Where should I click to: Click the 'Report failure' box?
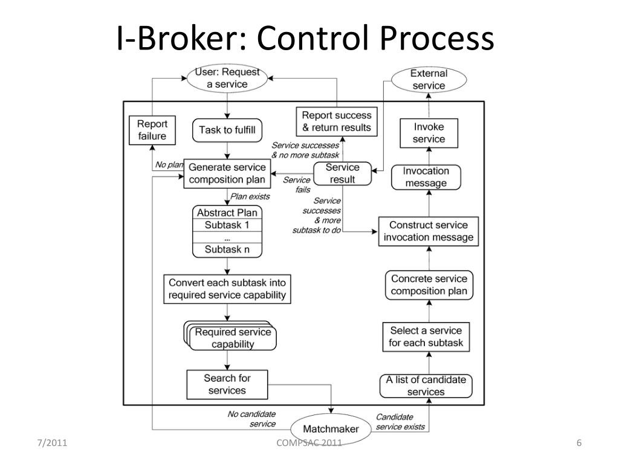(x=152, y=129)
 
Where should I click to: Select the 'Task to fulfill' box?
(x=227, y=130)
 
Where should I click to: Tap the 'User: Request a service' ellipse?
(x=227, y=79)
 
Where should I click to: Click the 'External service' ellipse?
(x=428, y=80)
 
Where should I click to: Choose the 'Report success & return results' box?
(x=336, y=121)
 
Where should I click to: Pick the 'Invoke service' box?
(x=429, y=133)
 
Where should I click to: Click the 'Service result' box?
(x=342, y=173)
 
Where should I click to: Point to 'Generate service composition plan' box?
(x=227, y=173)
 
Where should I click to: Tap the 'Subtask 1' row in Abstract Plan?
(x=227, y=225)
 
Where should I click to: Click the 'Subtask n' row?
(x=227, y=250)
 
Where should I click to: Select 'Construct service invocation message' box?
(x=428, y=231)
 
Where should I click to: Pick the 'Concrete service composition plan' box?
(x=429, y=285)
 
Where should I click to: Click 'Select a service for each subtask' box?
(x=426, y=337)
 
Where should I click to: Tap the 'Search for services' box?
(x=227, y=384)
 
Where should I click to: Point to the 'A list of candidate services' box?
(x=426, y=385)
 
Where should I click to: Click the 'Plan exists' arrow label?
(x=250, y=196)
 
